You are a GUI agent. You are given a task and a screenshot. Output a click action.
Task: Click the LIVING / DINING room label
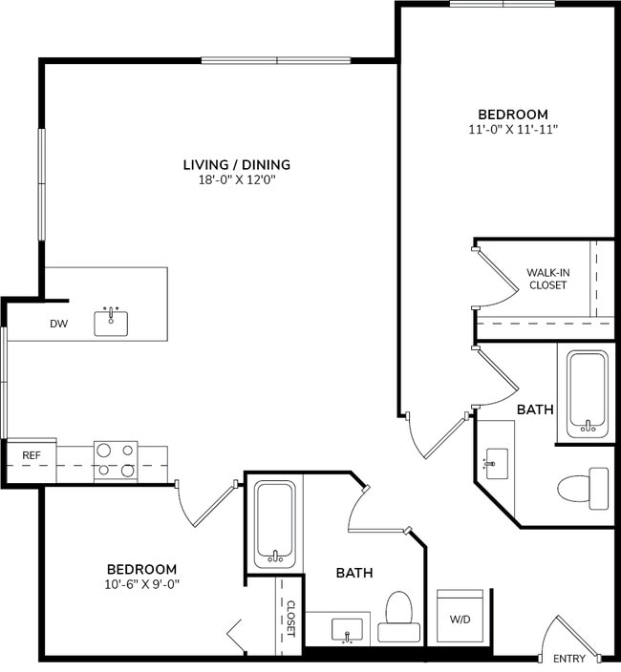coord(236,164)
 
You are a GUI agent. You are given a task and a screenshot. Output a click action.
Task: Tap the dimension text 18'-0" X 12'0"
coord(236,179)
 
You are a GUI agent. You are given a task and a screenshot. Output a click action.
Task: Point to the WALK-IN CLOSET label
coord(546,279)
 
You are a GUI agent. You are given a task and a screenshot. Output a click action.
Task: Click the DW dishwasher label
coord(59,324)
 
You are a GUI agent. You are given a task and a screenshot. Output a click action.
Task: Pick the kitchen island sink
coord(111,322)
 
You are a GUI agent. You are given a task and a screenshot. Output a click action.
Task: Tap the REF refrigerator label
coord(32,456)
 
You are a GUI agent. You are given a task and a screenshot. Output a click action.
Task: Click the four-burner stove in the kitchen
coord(116,460)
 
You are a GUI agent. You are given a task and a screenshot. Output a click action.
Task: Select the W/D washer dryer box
coord(460,618)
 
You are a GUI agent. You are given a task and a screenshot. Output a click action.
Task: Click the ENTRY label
coord(569,659)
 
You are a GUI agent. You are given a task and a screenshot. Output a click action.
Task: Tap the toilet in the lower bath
coord(398,616)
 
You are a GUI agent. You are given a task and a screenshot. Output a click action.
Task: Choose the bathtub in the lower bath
coord(274,524)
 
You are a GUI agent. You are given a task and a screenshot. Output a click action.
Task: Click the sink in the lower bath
coord(345,629)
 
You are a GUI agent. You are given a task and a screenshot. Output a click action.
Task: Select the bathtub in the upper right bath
coord(587,394)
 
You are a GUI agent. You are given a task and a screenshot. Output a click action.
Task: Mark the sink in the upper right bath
coord(494,464)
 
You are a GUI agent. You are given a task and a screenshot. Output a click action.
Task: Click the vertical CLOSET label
coord(290,618)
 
